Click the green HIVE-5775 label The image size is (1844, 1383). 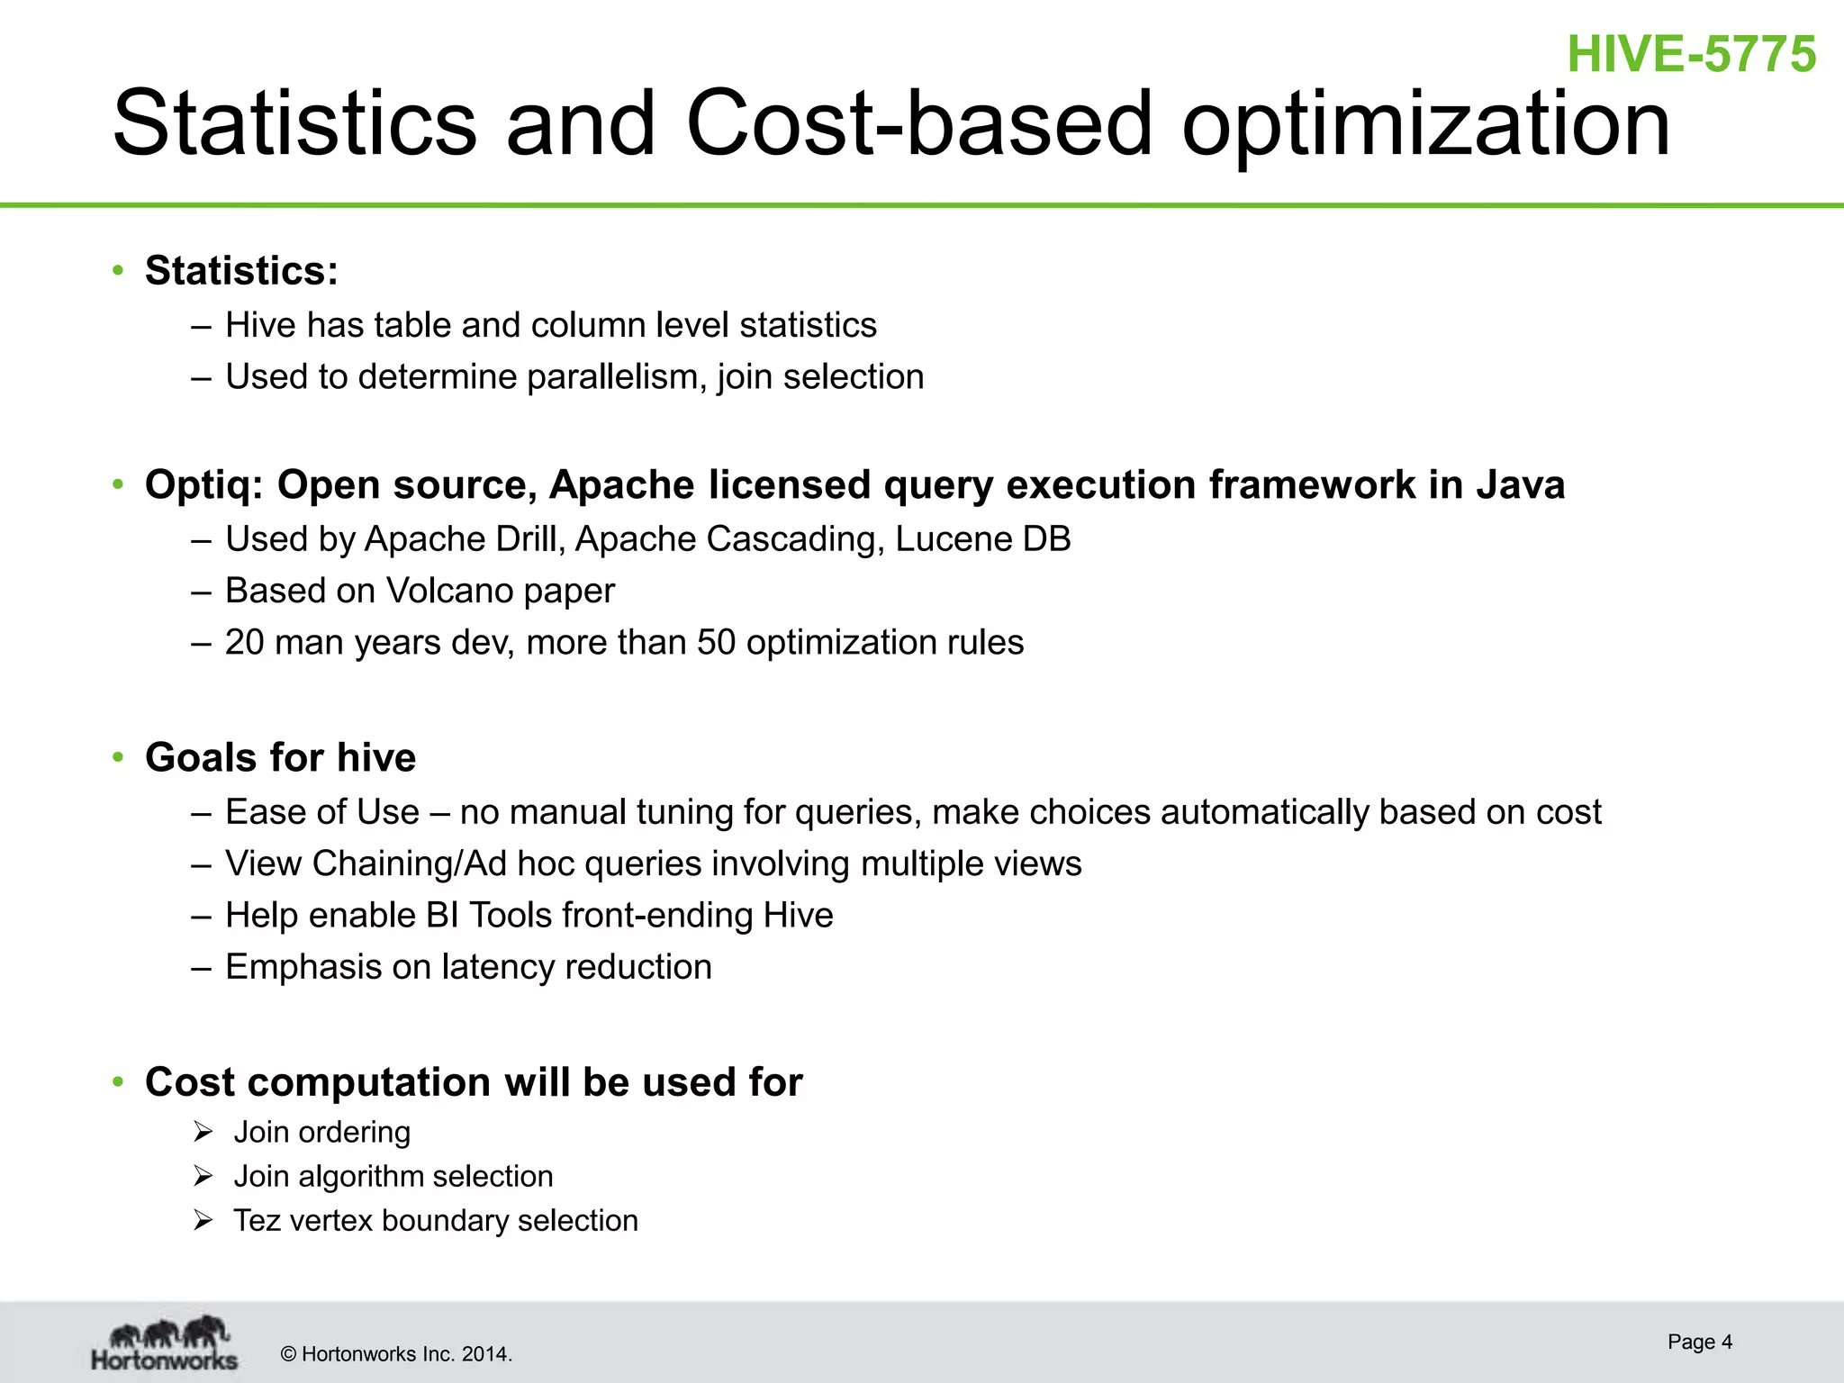click(1691, 54)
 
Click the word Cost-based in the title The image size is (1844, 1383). click(918, 123)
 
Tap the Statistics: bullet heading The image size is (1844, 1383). click(241, 271)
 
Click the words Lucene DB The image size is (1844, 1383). click(982, 539)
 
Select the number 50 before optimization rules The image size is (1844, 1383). click(717, 643)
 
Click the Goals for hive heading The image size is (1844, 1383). click(280, 758)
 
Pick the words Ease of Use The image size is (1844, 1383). click(321, 812)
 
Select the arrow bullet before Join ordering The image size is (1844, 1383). click(203, 1132)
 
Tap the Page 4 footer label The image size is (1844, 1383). click(1699, 1342)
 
